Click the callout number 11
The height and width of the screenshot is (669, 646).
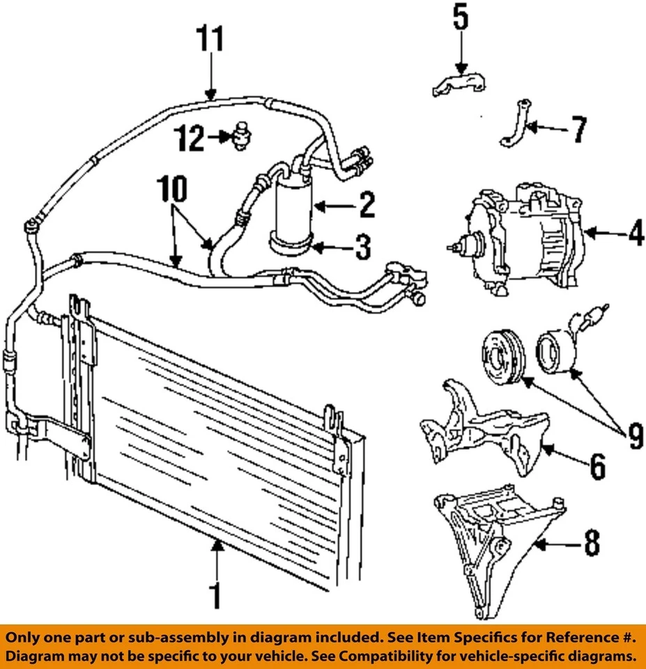209,40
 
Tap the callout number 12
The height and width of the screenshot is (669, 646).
190,139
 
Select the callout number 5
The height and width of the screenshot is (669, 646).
461,19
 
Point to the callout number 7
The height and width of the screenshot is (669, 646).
576,130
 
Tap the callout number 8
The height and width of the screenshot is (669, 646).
591,544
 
